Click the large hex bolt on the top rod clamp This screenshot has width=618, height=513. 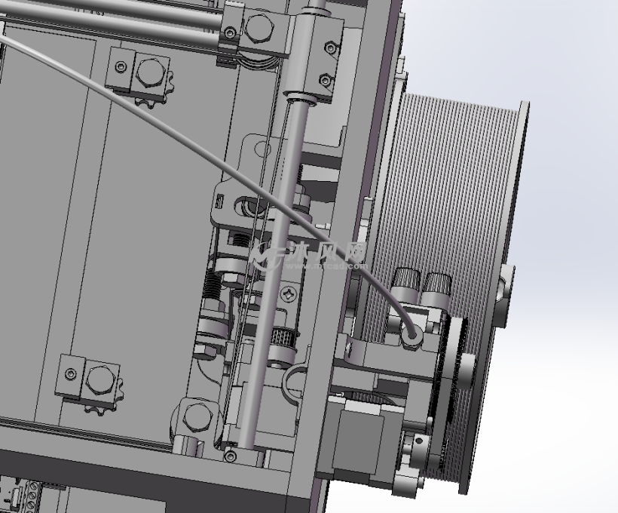click(258, 29)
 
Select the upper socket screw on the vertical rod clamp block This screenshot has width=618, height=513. click(330, 48)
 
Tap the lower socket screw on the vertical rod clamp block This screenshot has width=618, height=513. click(325, 79)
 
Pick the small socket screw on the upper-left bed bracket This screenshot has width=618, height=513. click(121, 66)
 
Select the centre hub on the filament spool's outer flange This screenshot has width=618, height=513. click(503, 287)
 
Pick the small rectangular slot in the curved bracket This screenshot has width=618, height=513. click(220, 201)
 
